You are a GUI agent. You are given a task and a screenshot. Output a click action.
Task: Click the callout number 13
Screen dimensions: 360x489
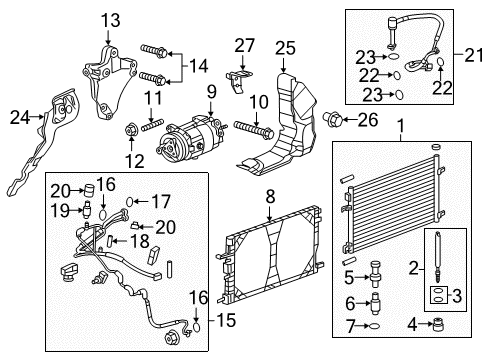108,20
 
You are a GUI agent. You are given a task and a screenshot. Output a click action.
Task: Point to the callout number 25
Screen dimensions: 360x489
287,47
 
